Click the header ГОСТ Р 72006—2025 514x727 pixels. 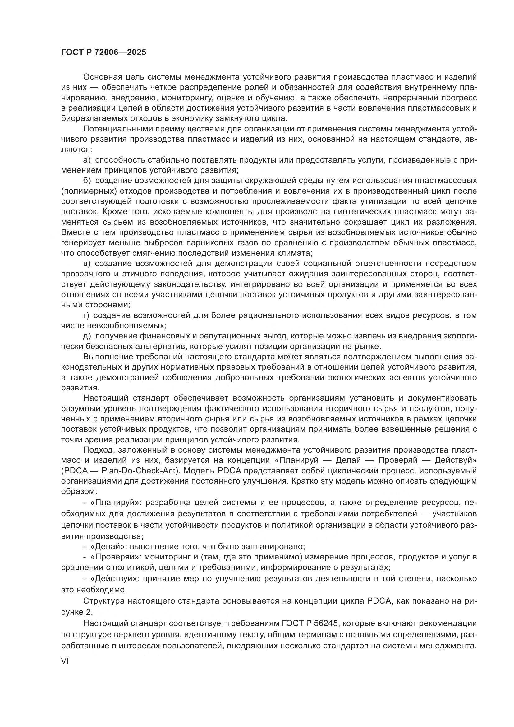pos(104,53)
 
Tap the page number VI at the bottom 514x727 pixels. pos(65,661)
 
